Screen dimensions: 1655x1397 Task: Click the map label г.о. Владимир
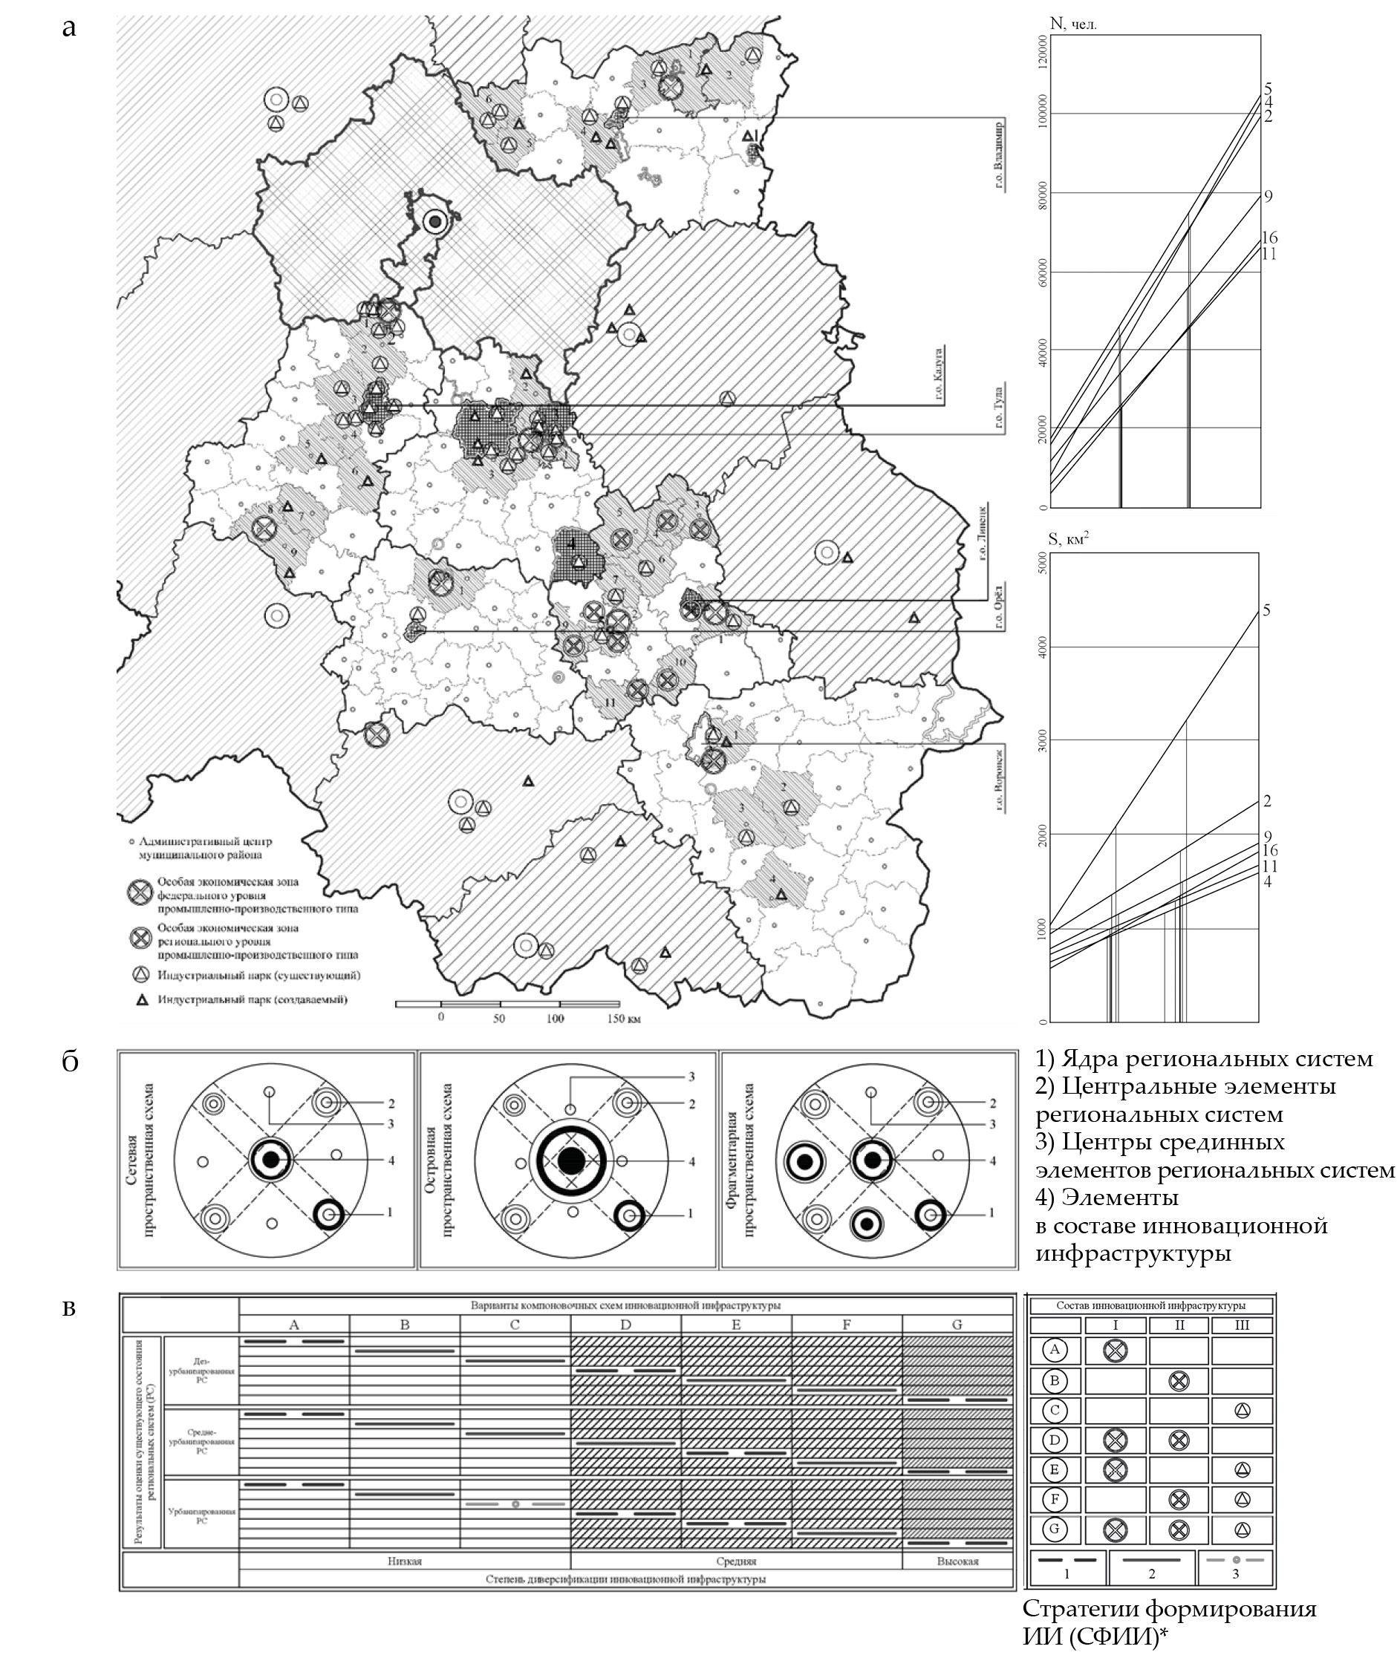pyautogui.click(x=1000, y=155)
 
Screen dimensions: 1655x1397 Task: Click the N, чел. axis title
pyautogui.click(x=1073, y=25)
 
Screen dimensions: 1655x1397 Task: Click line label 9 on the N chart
pyautogui.click(x=1268, y=196)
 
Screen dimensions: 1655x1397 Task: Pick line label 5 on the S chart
pyautogui.click(x=1266, y=610)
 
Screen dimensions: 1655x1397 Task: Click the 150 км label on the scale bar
pyautogui.click(x=622, y=1019)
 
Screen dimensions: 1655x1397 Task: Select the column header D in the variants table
pyautogui.click(x=625, y=1325)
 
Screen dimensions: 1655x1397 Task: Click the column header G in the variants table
pyautogui.click(x=957, y=1325)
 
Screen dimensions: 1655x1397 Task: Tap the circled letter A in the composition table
pyautogui.click(x=1054, y=1350)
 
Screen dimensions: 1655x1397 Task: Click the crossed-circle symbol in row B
pyautogui.click(x=1179, y=1381)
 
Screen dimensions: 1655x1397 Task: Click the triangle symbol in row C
pyautogui.click(x=1243, y=1410)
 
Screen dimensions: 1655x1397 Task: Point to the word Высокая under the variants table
pyautogui.click(x=957, y=1561)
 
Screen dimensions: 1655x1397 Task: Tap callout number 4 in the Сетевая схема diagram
pyautogui.click(x=391, y=1161)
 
